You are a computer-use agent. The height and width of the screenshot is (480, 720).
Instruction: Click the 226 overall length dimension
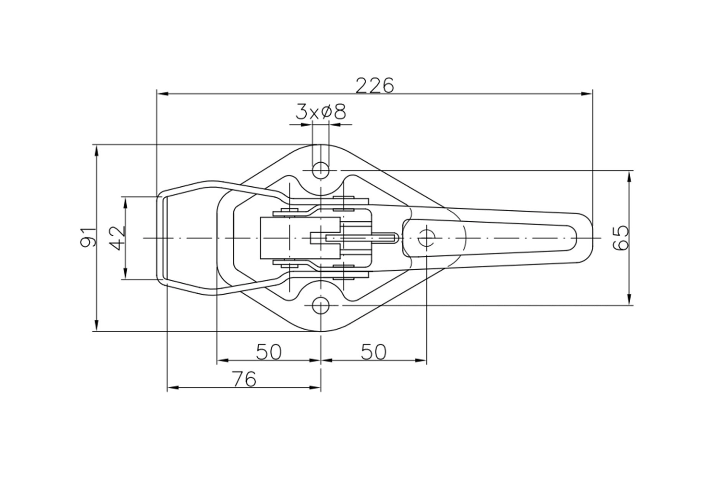(x=375, y=85)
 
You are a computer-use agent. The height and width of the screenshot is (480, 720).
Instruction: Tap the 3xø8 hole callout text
(x=321, y=112)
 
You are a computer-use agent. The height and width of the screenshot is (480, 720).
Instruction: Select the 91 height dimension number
(x=88, y=238)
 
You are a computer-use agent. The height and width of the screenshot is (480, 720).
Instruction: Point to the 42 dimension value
(x=117, y=238)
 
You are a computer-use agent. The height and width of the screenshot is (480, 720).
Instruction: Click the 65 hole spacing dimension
(x=621, y=238)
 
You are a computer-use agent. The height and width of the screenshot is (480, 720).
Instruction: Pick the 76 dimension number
(x=245, y=379)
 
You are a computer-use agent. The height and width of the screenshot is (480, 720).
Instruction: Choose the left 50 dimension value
(x=269, y=352)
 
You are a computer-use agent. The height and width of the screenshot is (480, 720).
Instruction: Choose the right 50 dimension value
(x=373, y=352)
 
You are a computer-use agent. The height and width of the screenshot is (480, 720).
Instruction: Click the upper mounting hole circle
(x=321, y=170)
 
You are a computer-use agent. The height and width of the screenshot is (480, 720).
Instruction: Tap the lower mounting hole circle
(x=321, y=305)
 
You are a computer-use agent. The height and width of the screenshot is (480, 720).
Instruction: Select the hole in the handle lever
(x=426, y=238)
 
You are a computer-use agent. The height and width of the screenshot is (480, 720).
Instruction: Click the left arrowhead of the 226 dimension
(x=163, y=94)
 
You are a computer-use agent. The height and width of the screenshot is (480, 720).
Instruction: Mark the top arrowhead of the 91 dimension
(x=96, y=151)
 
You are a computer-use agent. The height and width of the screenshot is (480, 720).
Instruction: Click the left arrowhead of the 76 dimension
(x=173, y=388)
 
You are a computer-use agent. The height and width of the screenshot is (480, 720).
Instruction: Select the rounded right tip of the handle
(x=592, y=238)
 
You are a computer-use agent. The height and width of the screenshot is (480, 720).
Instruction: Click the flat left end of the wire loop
(x=157, y=238)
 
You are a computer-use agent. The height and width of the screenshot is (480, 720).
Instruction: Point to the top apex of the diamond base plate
(x=321, y=144)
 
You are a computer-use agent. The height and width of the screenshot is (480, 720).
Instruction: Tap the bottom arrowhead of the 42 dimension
(x=126, y=273)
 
